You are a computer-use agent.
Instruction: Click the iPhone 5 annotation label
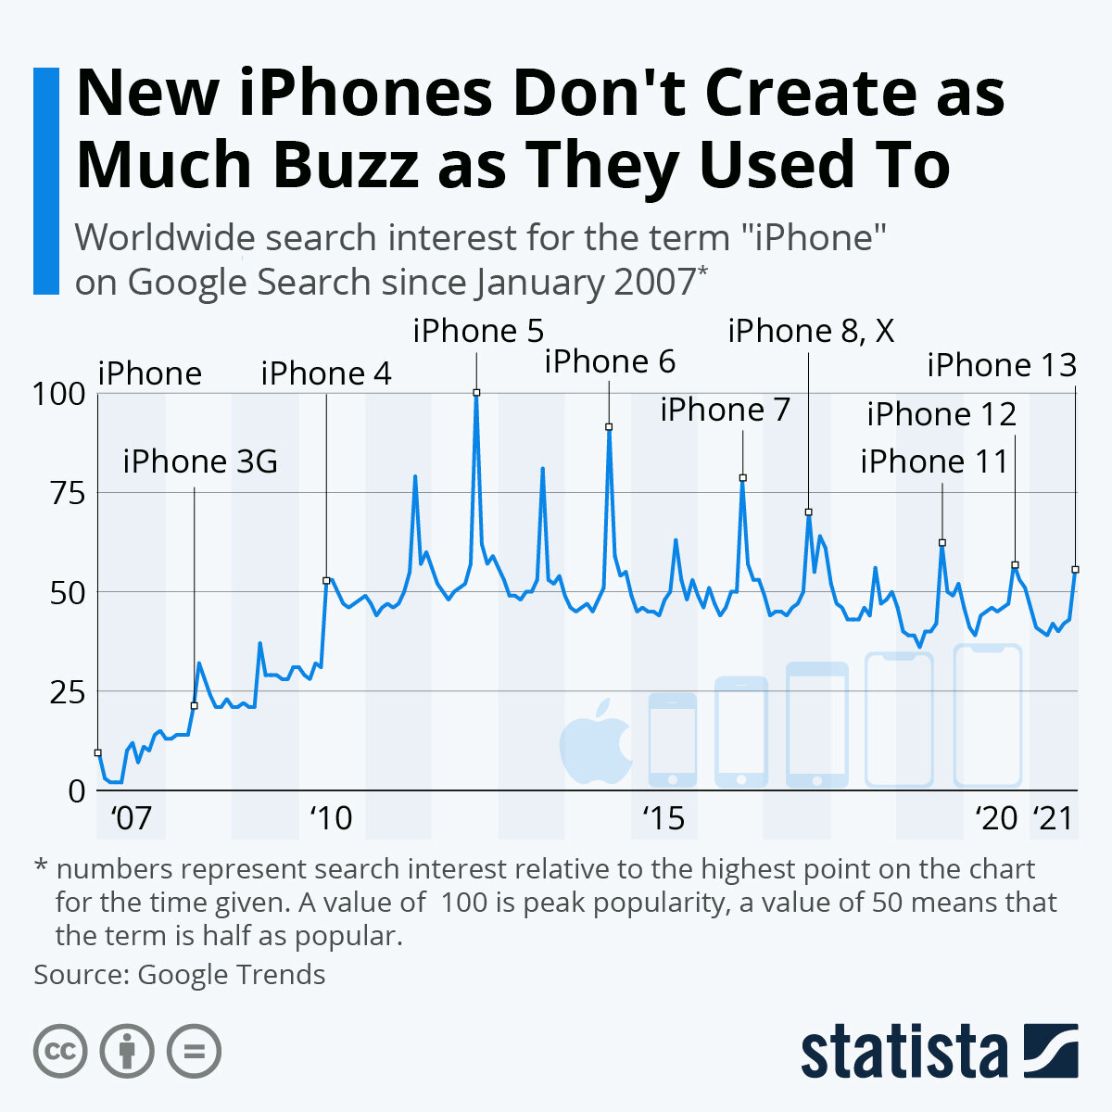coord(478,331)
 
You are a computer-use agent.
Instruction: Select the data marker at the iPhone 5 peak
coord(476,393)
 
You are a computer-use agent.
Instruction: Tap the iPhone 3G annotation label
coord(200,461)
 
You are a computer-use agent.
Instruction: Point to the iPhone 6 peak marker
coord(609,426)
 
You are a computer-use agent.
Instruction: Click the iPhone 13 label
coord(1002,365)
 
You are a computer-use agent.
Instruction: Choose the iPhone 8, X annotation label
coord(811,331)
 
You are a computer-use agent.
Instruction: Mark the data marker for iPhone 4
coord(325,580)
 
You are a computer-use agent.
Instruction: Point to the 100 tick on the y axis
coord(59,395)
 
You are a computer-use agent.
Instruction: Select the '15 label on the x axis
coord(663,819)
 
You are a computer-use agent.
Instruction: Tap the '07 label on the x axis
coord(131,819)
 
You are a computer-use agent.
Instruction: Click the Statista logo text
coord(904,1052)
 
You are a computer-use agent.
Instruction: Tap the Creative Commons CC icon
coord(60,1052)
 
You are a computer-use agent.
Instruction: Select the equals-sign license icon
coord(194,1052)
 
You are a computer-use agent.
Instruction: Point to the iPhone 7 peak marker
coord(742,478)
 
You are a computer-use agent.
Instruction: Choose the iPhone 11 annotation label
coord(934,461)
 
